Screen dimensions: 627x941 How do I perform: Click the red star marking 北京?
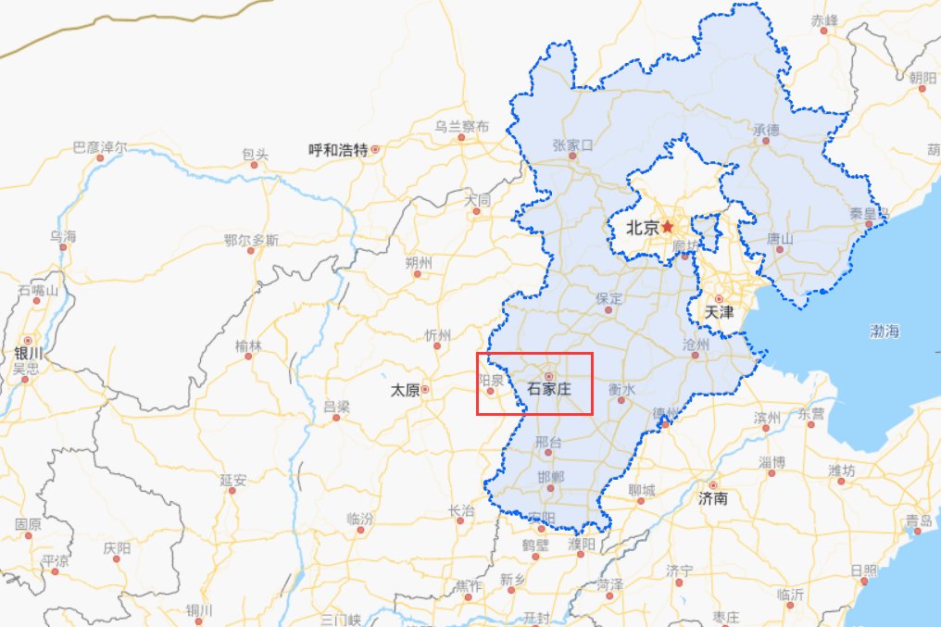[x=668, y=226]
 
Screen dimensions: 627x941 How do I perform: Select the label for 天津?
[x=719, y=313]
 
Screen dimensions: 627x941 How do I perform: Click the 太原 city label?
[x=404, y=391]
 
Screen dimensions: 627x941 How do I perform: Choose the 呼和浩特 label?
[x=338, y=149]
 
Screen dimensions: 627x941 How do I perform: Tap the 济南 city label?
[x=713, y=499]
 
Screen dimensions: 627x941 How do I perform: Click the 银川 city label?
[x=28, y=354]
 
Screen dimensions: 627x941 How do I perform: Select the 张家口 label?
[x=572, y=144]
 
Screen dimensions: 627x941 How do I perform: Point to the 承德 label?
[x=767, y=130]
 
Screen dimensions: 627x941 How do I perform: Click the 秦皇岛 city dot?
[x=868, y=224]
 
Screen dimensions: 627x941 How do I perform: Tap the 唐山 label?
[x=780, y=239]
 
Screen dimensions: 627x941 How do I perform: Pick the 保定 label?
[x=609, y=298]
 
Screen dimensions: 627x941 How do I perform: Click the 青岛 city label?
[x=919, y=520]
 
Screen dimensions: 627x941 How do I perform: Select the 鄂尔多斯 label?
[x=251, y=240]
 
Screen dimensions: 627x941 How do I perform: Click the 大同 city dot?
[x=476, y=211]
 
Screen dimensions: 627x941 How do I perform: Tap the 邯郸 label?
[x=549, y=475]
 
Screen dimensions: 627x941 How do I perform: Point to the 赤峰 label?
[x=823, y=19]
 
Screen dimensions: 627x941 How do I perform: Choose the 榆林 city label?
[x=247, y=345]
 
